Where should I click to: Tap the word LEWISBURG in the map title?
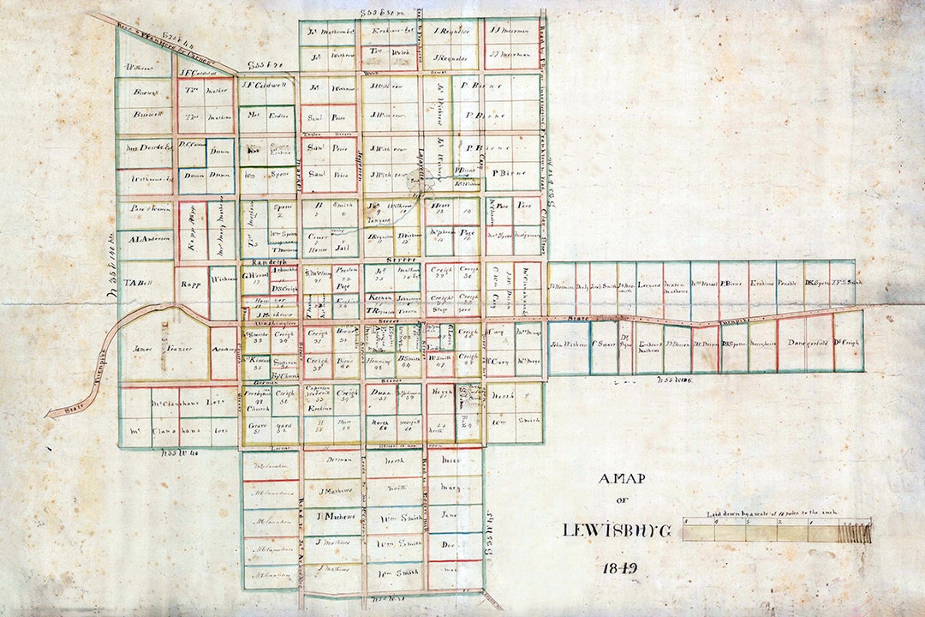[618, 530]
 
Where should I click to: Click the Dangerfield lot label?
[803, 344]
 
